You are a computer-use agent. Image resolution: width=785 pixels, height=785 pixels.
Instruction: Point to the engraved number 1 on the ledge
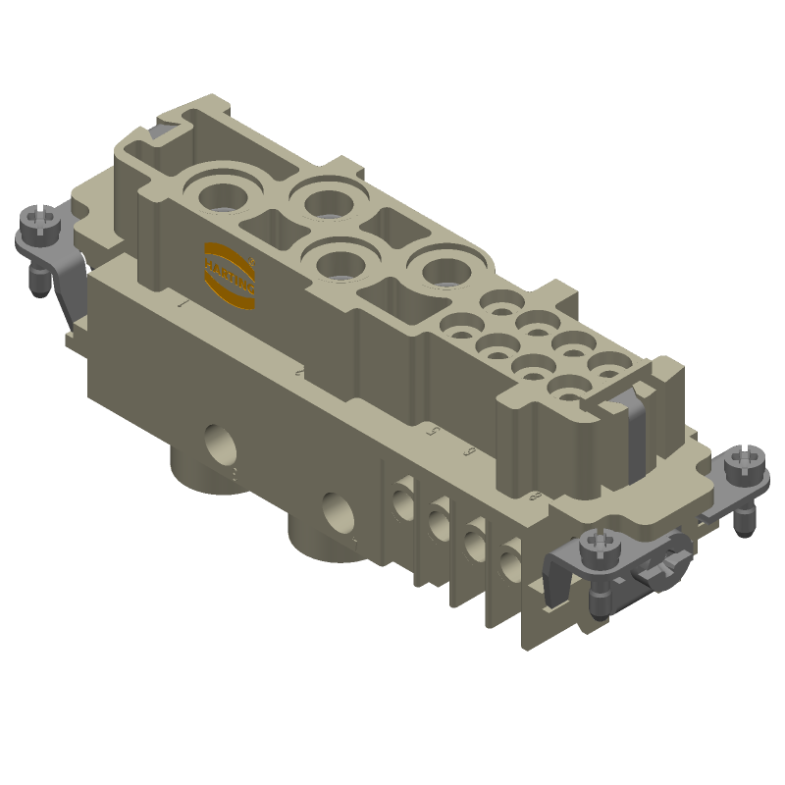[x=183, y=305]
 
